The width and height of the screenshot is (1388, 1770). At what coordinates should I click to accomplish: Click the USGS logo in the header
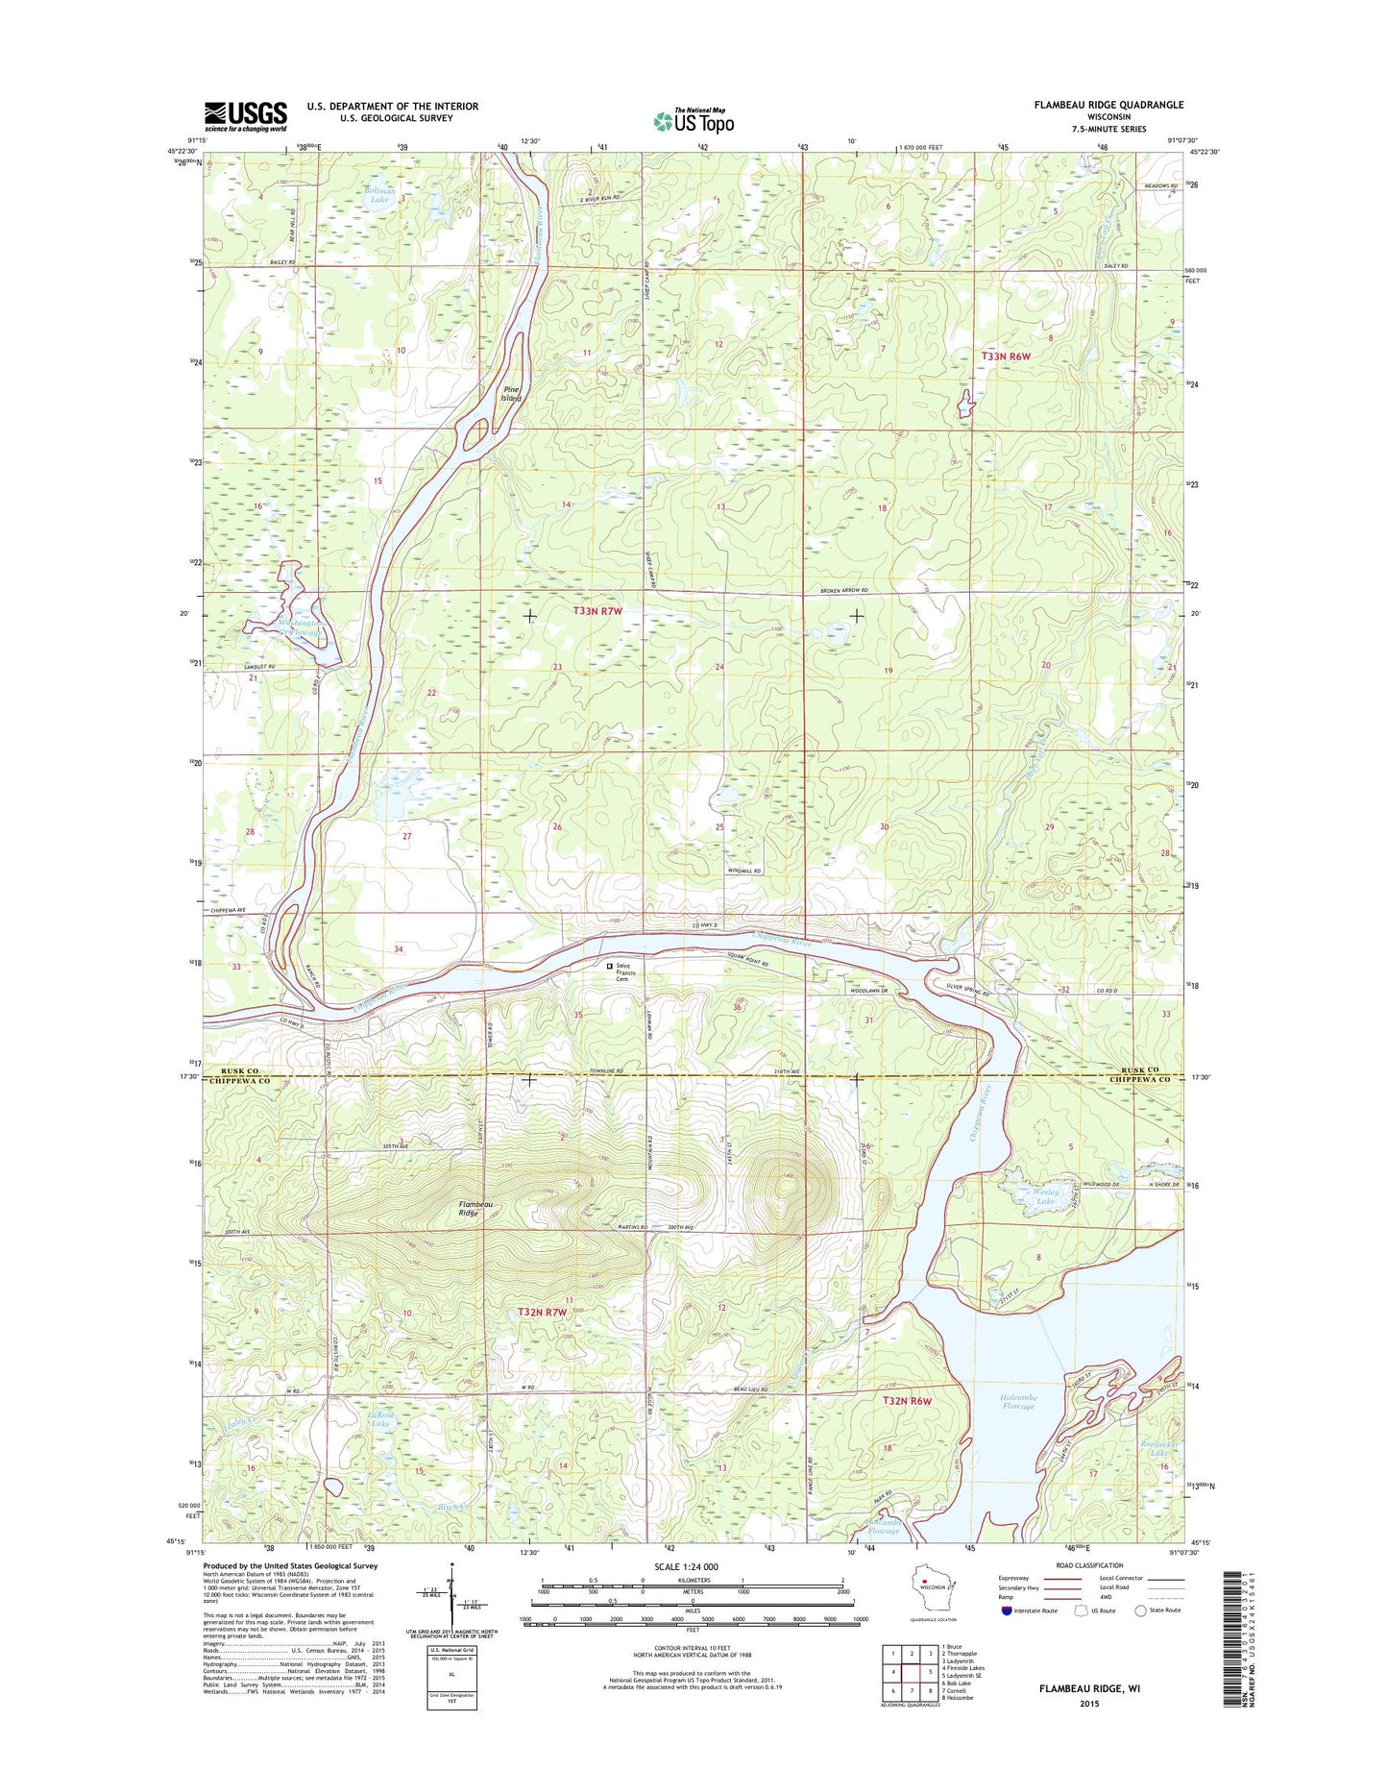245,115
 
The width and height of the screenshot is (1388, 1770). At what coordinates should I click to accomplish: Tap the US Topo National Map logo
694,120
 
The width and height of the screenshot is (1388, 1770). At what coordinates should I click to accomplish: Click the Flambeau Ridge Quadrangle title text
1105,105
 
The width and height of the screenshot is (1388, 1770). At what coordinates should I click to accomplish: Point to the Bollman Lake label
378,195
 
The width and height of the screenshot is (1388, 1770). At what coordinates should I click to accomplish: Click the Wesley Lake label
1045,1196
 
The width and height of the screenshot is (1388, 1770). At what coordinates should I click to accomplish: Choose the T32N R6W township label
907,1401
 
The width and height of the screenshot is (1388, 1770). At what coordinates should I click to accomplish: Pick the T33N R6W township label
1005,356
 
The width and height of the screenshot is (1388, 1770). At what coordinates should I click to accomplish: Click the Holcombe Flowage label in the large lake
1018,1402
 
